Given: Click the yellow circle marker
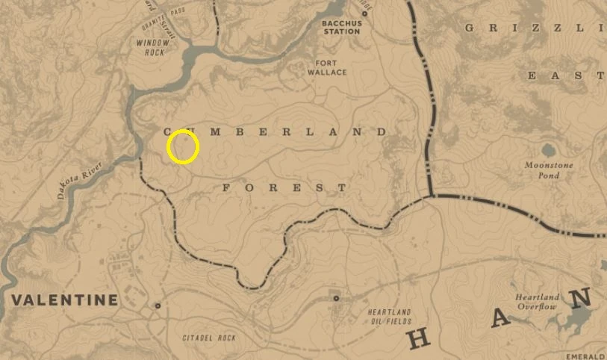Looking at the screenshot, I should pyautogui.click(x=182, y=146).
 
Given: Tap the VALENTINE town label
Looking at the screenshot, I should pyautogui.click(x=64, y=300).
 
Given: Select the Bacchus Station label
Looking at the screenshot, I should pyautogui.click(x=341, y=28).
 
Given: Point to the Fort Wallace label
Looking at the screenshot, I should pyautogui.click(x=327, y=68).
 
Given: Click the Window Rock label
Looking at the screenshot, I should pyautogui.click(x=154, y=47).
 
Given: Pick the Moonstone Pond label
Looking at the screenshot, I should pyautogui.click(x=541, y=170).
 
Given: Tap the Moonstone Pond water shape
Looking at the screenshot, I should pyautogui.click(x=549, y=150).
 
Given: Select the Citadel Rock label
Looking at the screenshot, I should pyautogui.click(x=209, y=338).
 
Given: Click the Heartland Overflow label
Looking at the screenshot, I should pyautogui.click(x=536, y=302).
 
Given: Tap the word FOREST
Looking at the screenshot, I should pyautogui.click(x=284, y=188).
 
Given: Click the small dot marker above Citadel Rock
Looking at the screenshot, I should pyautogui.click(x=158, y=305).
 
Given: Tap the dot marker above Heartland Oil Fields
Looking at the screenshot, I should pyautogui.click(x=336, y=298).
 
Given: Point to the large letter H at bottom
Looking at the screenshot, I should pyautogui.click(x=420, y=339).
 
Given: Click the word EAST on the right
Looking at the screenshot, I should pyautogui.click(x=566, y=75).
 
